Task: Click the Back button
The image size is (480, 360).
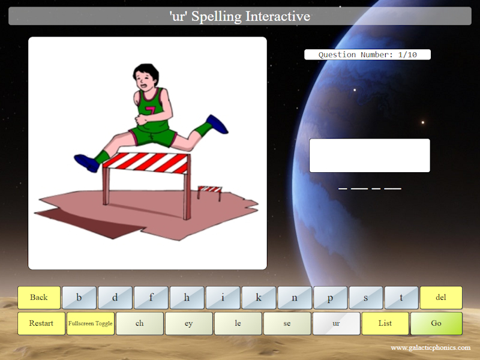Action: [x=39, y=298]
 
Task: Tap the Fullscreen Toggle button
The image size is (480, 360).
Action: [x=90, y=323]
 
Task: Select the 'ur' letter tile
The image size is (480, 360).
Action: [x=336, y=323]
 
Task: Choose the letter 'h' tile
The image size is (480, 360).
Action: [x=187, y=298]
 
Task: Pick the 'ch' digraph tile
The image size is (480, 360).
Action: [x=140, y=323]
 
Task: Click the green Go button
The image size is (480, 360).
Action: [x=436, y=323]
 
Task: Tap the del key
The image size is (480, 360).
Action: [x=441, y=298]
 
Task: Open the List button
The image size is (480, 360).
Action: [x=385, y=323]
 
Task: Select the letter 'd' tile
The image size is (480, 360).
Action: [x=115, y=298]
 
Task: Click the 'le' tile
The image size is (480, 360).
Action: [x=238, y=323]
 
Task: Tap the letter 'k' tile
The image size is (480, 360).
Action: [x=259, y=298]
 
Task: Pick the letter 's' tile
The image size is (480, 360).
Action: [x=366, y=298]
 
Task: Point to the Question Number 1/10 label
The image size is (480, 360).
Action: [x=367, y=55]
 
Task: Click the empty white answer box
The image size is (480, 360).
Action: [x=370, y=155]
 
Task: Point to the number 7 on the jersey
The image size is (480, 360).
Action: [x=150, y=112]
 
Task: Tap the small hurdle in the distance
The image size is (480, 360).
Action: [x=209, y=191]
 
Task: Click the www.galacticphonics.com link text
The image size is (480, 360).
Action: [x=430, y=348]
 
